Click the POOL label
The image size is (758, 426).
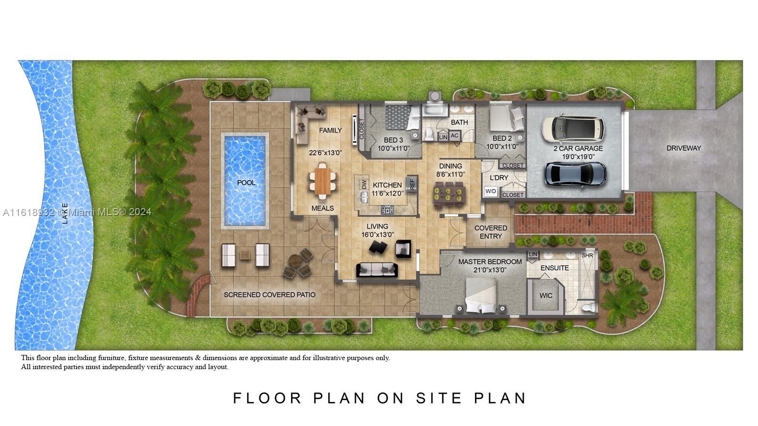pyautogui.click(x=246, y=183)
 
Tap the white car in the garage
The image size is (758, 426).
pyautogui.click(x=573, y=128)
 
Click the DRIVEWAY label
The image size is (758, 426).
pyautogui.click(x=684, y=148)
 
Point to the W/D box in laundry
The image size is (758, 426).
pyautogui.click(x=491, y=191)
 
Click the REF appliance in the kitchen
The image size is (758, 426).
pyautogui.click(x=412, y=184)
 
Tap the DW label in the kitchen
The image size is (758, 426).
pyautogui.click(x=364, y=184)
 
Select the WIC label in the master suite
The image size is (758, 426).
pyautogui.click(x=546, y=296)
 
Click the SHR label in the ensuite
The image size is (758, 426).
pyautogui.click(x=587, y=255)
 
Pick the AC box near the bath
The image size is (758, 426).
pyautogui.click(x=454, y=136)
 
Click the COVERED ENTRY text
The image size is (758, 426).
pyautogui.click(x=491, y=232)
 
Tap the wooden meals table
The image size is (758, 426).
pyautogui.click(x=322, y=181)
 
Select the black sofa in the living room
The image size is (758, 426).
pyautogui.click(x=377, y=270)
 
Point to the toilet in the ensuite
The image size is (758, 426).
pyautogui.click(x=589, y=308)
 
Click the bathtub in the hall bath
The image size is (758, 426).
pyautogui.click(x=435, y=110)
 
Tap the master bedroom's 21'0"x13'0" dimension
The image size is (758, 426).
pyautogui.click(x=490, y=270)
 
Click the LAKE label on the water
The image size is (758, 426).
pyautogui.click(x=65, y=213)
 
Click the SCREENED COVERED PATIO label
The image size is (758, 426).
pyautogui.click(x=269, y=295)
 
